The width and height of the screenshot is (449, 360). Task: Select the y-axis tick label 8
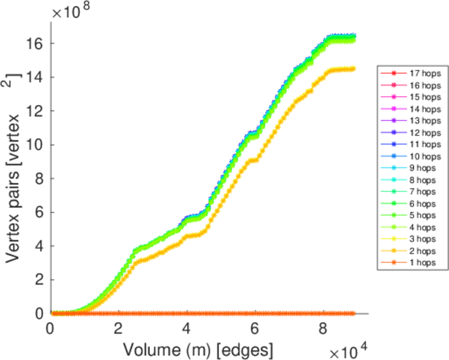pyautogui.click(x=40, y=178)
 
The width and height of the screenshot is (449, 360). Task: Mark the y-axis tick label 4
pyautogui.click(x=40, y=246)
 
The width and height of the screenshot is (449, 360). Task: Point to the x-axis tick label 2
pyautogui.click(x=119, y=329)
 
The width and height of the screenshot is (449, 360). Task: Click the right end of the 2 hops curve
pyautogui.click(x=354, y=68)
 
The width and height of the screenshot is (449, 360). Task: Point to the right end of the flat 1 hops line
pyautogui.click(x=354, y=313)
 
